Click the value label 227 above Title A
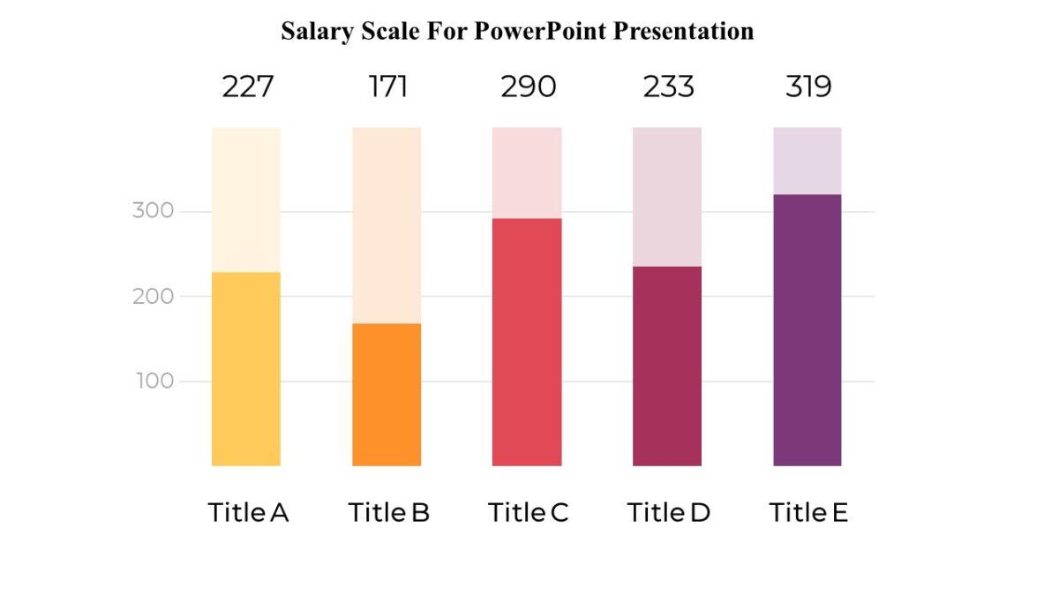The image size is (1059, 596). [247, 87]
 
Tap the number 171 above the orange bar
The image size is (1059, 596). [387, 87]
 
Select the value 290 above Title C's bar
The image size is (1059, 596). [528, 87]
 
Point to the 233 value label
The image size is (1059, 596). [668, 87]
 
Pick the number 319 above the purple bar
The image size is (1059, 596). [808, 87]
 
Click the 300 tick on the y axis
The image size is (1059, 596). [154, 211]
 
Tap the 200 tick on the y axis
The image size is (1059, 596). [154, 297]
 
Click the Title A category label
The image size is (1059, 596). [248, 513]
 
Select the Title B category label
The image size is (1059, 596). [388, 513]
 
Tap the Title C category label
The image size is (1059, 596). [528, 513]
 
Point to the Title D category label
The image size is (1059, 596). [668, 513]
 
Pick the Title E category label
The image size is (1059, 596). [807, 513]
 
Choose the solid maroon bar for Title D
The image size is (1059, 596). [667, 366]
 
